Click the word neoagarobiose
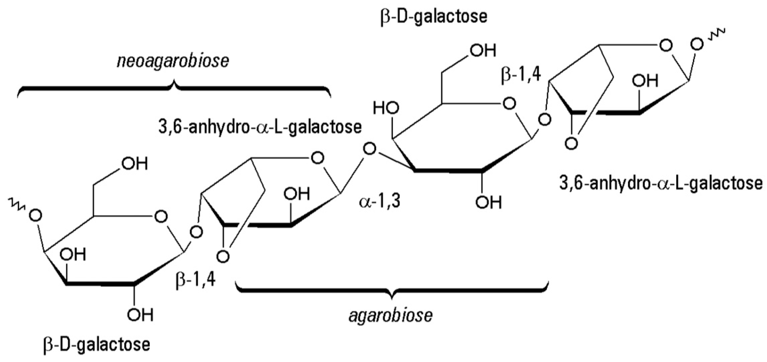[173, 61]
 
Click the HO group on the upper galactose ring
[386, 109]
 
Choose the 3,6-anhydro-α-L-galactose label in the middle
[260, 127]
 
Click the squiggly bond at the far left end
[15, 204]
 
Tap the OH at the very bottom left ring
[140, 315]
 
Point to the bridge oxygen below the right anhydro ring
[571, 143]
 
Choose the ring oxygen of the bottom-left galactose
[161, 217]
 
